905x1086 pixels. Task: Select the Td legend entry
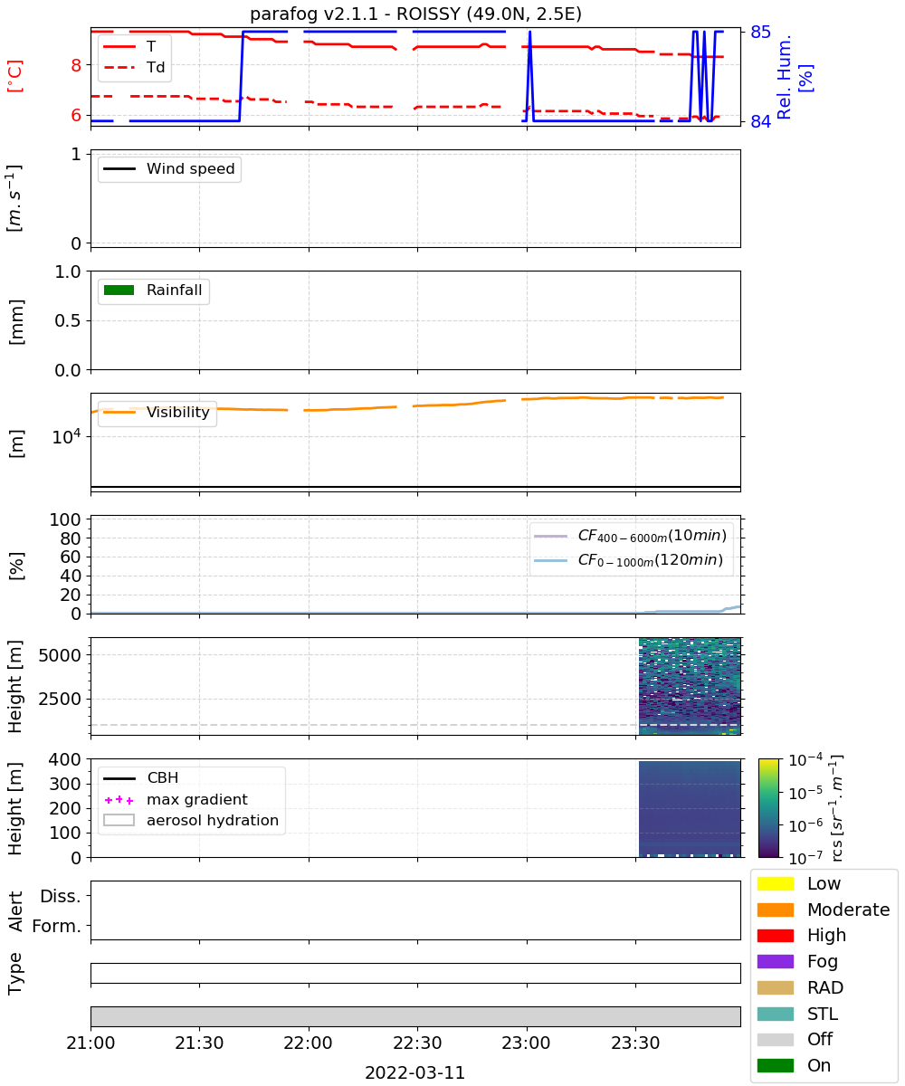[x=134, y=67]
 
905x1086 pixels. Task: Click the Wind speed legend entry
[x=169, y=168]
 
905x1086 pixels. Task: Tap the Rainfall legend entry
[x=152, y=290]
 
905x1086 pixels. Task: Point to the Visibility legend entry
[x=156, y=412]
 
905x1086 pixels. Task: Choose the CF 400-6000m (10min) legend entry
[x=630, y=536]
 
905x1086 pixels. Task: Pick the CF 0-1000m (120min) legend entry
[x=628, y=560]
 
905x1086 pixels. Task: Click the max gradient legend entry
[x=176, y=799]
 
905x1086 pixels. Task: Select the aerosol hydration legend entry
[x=191, y=820]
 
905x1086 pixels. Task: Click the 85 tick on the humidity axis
[x=760, y=33]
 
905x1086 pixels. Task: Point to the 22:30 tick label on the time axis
[x=417, y=1043]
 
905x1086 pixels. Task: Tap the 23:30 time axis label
[x=635, y=1043]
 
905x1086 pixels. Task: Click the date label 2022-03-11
[x=415, y=1072]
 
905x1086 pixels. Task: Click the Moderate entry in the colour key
[x=824, y=910]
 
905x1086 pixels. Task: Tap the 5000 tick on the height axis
[x=60, y=655]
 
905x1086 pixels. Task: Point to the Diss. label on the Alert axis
[x=61, y=896]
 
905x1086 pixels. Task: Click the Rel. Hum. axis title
[x=784, y=77]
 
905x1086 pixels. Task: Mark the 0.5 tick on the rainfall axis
[x=68, y=320]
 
